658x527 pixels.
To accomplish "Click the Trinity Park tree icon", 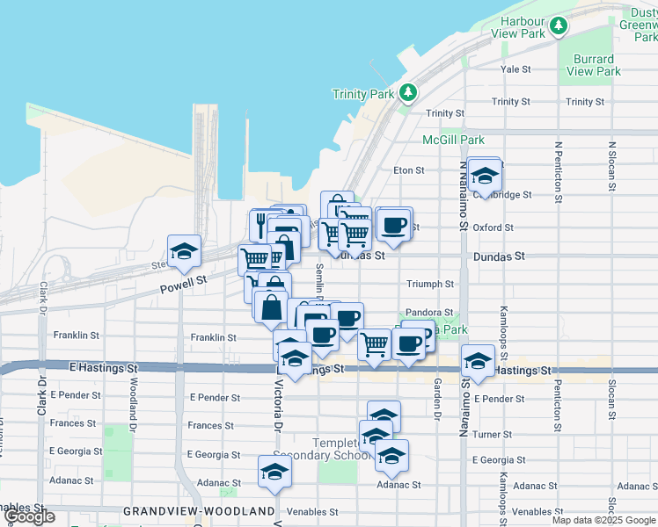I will click(x=407, y=92).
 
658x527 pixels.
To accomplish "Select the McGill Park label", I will click(x=453, y=140).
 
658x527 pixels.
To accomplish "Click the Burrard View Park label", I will click(x=594, y=65).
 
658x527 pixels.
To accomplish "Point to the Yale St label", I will click(x=515, y=69).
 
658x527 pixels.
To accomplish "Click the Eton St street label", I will click(x=409, y=170).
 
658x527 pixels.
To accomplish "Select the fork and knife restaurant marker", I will click(x=262, y=225).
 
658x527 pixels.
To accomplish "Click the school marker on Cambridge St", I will click(x=483, y=177).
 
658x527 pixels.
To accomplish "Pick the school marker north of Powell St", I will click(x=184, y=252).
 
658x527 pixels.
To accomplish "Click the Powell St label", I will click(x=183, y=282).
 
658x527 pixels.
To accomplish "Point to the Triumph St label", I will click(x=430, y=285).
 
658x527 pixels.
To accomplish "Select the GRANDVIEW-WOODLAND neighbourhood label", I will click(x=199, y=511).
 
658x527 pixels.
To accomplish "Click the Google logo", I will click(x=29, y=516).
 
